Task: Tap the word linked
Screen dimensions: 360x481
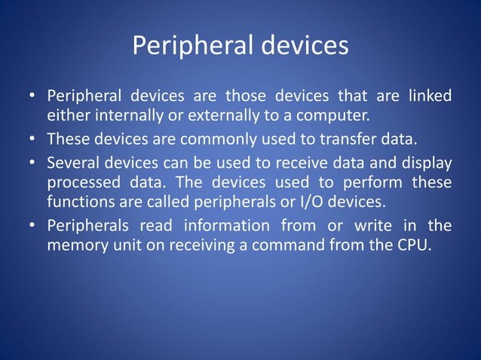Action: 429,97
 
